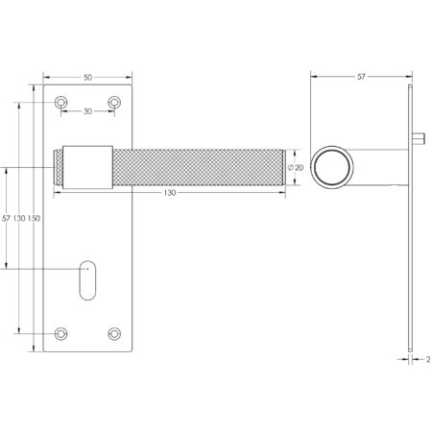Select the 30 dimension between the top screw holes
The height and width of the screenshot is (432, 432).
88,111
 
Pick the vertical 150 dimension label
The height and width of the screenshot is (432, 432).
35,220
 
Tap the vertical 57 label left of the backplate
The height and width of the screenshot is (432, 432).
8,220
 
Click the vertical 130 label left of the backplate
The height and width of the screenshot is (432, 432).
21,220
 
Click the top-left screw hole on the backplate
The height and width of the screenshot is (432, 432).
62,102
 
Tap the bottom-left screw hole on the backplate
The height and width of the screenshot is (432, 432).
62,333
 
